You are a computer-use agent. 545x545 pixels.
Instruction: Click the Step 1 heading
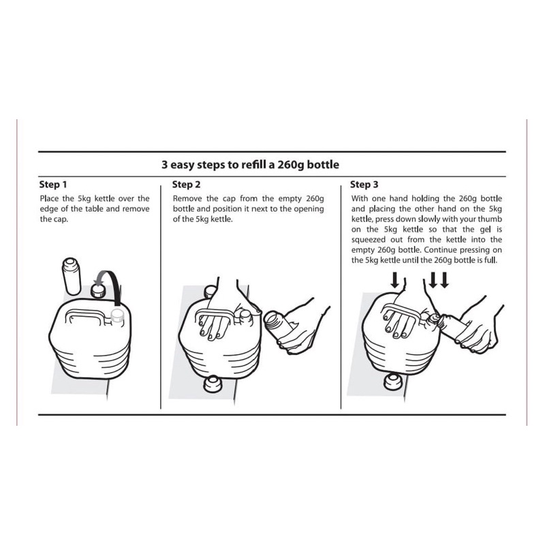click(53, 184)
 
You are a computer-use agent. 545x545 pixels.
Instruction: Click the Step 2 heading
click(186, 184)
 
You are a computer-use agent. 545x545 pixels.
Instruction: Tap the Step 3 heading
click(364, 184)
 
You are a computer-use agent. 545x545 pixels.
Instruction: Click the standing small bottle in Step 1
click(72, 276)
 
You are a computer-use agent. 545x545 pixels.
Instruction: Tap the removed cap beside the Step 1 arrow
click(98, 291)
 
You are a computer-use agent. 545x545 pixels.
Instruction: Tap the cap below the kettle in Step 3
click(393, 381)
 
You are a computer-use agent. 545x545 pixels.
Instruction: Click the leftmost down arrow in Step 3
click(395, 280)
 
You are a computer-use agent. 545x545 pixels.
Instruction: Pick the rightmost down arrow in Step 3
click(445, 280)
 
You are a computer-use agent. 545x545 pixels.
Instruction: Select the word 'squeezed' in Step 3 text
click(369, 240)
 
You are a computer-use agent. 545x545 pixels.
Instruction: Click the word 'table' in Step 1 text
click(94, 209)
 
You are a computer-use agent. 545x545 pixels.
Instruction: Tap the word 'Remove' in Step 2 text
click(187, 198)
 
